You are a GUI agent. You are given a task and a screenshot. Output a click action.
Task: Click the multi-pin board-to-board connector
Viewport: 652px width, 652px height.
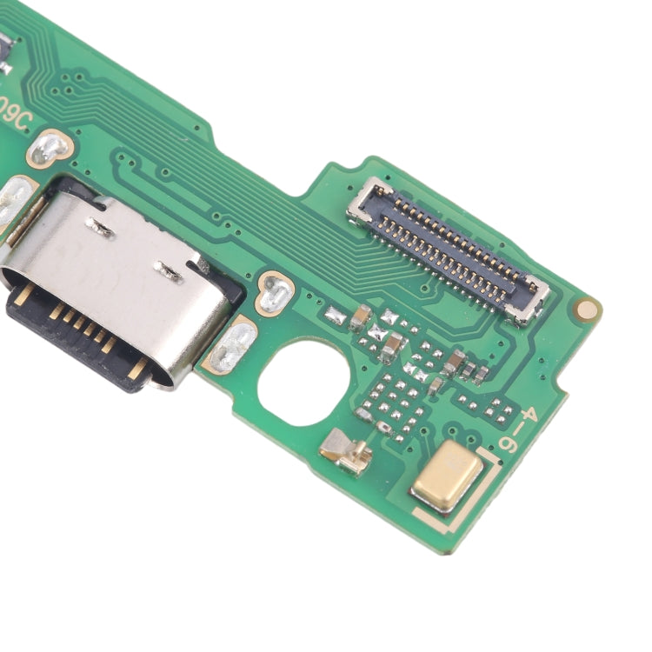click(448, 248)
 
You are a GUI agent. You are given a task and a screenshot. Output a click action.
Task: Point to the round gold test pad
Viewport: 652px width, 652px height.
click(589, 309)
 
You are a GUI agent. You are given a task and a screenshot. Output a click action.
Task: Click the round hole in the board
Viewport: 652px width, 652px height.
click(303, 383)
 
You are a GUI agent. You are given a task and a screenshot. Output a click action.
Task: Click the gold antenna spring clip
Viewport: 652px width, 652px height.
click(347, 452)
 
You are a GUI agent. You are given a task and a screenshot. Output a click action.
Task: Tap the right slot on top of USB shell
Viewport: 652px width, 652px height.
click(169, 271)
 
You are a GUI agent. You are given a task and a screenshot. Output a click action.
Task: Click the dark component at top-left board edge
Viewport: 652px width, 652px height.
click(3, 52)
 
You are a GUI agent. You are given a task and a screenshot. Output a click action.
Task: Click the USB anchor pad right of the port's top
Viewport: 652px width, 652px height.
click(276, 293)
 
